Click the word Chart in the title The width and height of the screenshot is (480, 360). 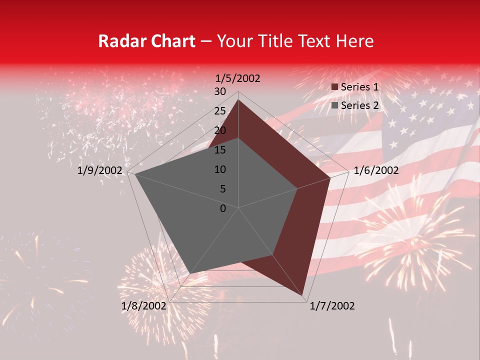click(x=170, y=41)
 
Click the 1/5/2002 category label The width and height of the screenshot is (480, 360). click(x=238, y=78)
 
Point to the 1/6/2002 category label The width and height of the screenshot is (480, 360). click(x=376, y=170)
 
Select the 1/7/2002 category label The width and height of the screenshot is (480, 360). click(x=332, y=306)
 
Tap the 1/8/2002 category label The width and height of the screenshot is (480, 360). click(x=144, y=306)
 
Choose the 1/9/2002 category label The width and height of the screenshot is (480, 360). click(x=100, y=170)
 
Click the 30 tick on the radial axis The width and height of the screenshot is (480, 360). click(x=220, y=91)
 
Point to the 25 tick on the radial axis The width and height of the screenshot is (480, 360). click(x=220, y=111)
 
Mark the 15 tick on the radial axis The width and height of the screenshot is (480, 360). click(x=220, y=150)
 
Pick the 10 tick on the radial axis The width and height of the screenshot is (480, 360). click(x=220, y=169)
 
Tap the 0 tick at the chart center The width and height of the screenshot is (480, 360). click(x=223, y=208)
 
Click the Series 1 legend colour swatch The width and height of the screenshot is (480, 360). click(x=335, y=87)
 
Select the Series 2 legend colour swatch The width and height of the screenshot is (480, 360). click(x=335, y=105)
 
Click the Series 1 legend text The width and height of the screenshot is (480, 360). click(x=359, y=87)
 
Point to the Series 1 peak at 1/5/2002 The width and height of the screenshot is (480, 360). click(x=238, y=99)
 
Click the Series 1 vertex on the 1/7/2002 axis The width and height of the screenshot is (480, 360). click(x=303, y=295)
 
